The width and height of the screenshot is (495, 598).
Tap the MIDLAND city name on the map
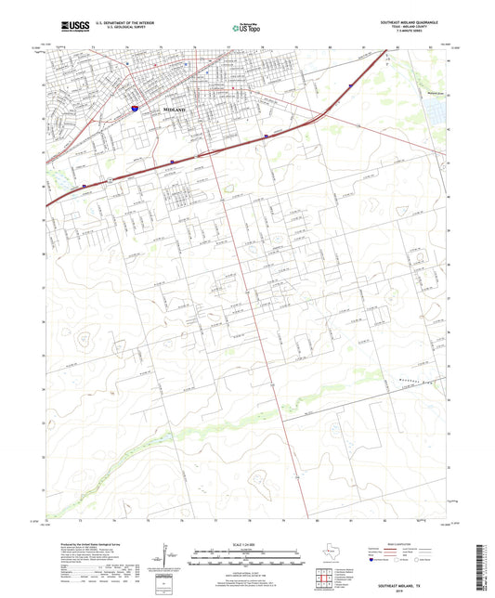174,110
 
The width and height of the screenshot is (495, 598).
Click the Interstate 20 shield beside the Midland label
135,109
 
